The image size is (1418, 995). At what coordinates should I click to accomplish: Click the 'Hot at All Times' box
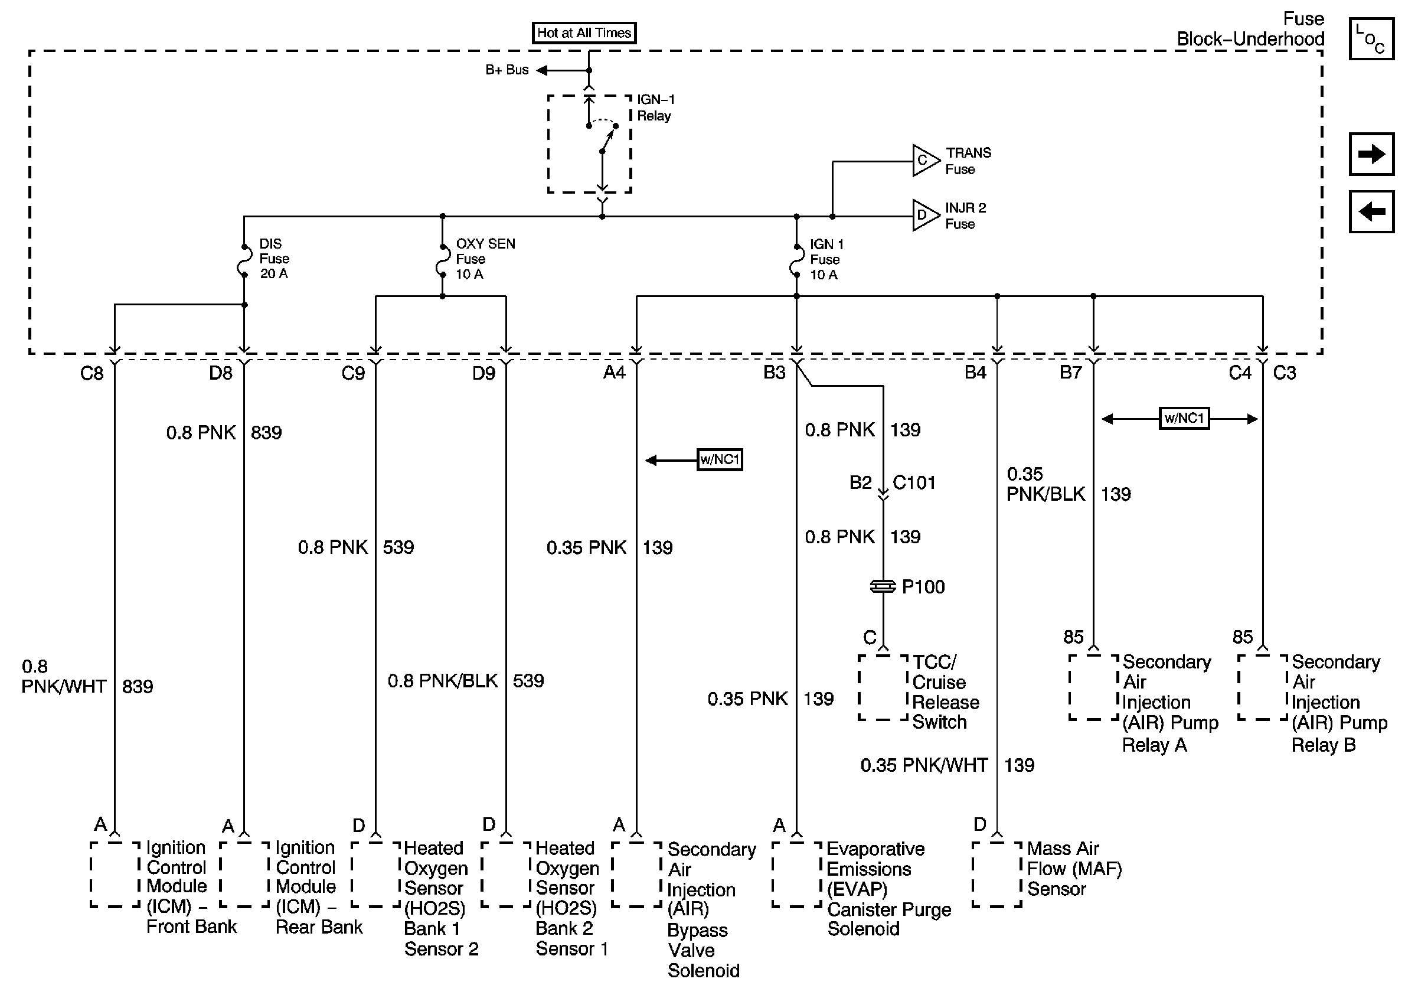click(584, 32)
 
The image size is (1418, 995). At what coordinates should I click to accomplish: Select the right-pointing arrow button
click(1371, 154)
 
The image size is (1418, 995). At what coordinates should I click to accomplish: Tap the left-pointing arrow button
click(1371, 212)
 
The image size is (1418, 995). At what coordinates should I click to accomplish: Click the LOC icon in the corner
click(1371, 39)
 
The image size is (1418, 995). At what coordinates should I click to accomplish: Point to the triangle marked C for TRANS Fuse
click(924, 161)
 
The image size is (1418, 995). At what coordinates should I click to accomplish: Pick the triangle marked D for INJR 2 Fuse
click(924, 216)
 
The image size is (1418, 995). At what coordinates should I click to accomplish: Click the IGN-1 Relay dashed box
click(589, 144)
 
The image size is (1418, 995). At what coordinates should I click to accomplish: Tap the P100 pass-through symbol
click(883, 586)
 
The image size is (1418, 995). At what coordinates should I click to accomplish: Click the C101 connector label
click(914, 482)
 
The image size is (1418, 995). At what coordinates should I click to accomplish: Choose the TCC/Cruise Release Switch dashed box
click(883, 687)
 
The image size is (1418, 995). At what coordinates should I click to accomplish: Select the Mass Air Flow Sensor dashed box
click(997, 874)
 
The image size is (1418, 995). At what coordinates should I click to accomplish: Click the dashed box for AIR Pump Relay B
click(1262, 687)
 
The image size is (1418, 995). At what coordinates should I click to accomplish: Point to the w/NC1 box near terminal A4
click(720, 459)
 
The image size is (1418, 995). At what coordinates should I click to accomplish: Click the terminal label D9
click(483, 373)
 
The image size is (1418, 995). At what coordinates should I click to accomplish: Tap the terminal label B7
click(1070, 373)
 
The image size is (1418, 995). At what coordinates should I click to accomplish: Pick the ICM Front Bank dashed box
click(115, 874)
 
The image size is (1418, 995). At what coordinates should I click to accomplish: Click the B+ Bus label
click(507, 70)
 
